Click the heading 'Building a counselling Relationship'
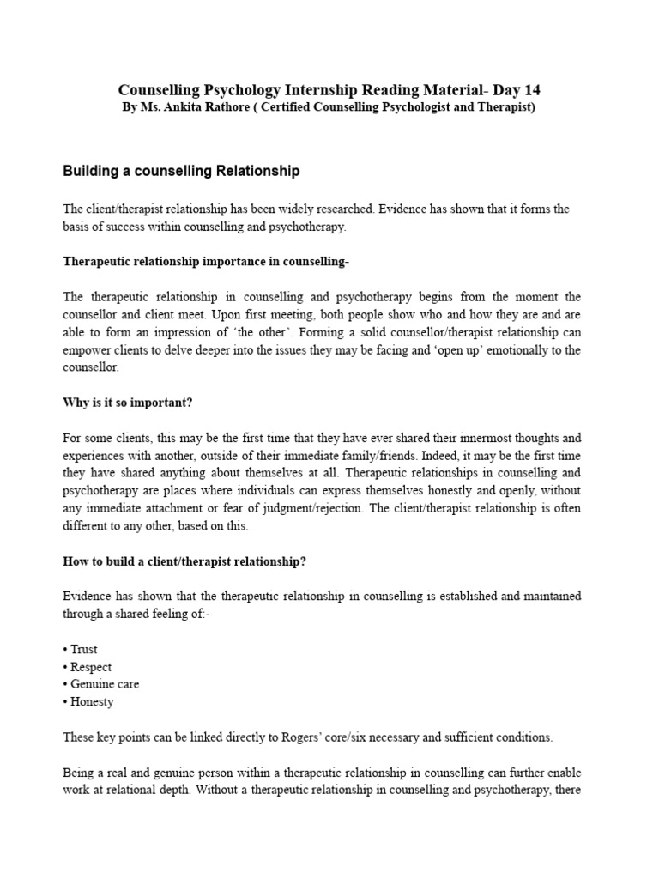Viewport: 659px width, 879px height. click(x=181, y=171)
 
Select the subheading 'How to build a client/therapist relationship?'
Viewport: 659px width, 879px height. click(x=184, y=561)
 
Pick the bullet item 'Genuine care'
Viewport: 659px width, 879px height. click(x=104, y=684)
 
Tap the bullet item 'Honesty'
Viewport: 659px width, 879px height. click(x=92, y=701)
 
